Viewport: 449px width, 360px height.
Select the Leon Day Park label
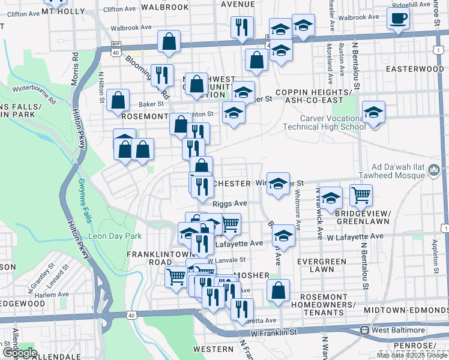point(115,236)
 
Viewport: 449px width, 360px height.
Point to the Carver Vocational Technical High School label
point(325,122)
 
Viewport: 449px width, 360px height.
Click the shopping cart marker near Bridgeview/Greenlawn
point(361,194)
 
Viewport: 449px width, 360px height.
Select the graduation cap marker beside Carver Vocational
point(373,112)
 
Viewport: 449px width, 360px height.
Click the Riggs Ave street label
point(230,203)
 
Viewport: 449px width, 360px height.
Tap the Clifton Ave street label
point(119,10)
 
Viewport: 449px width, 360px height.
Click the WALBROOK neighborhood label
point(146,7)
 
